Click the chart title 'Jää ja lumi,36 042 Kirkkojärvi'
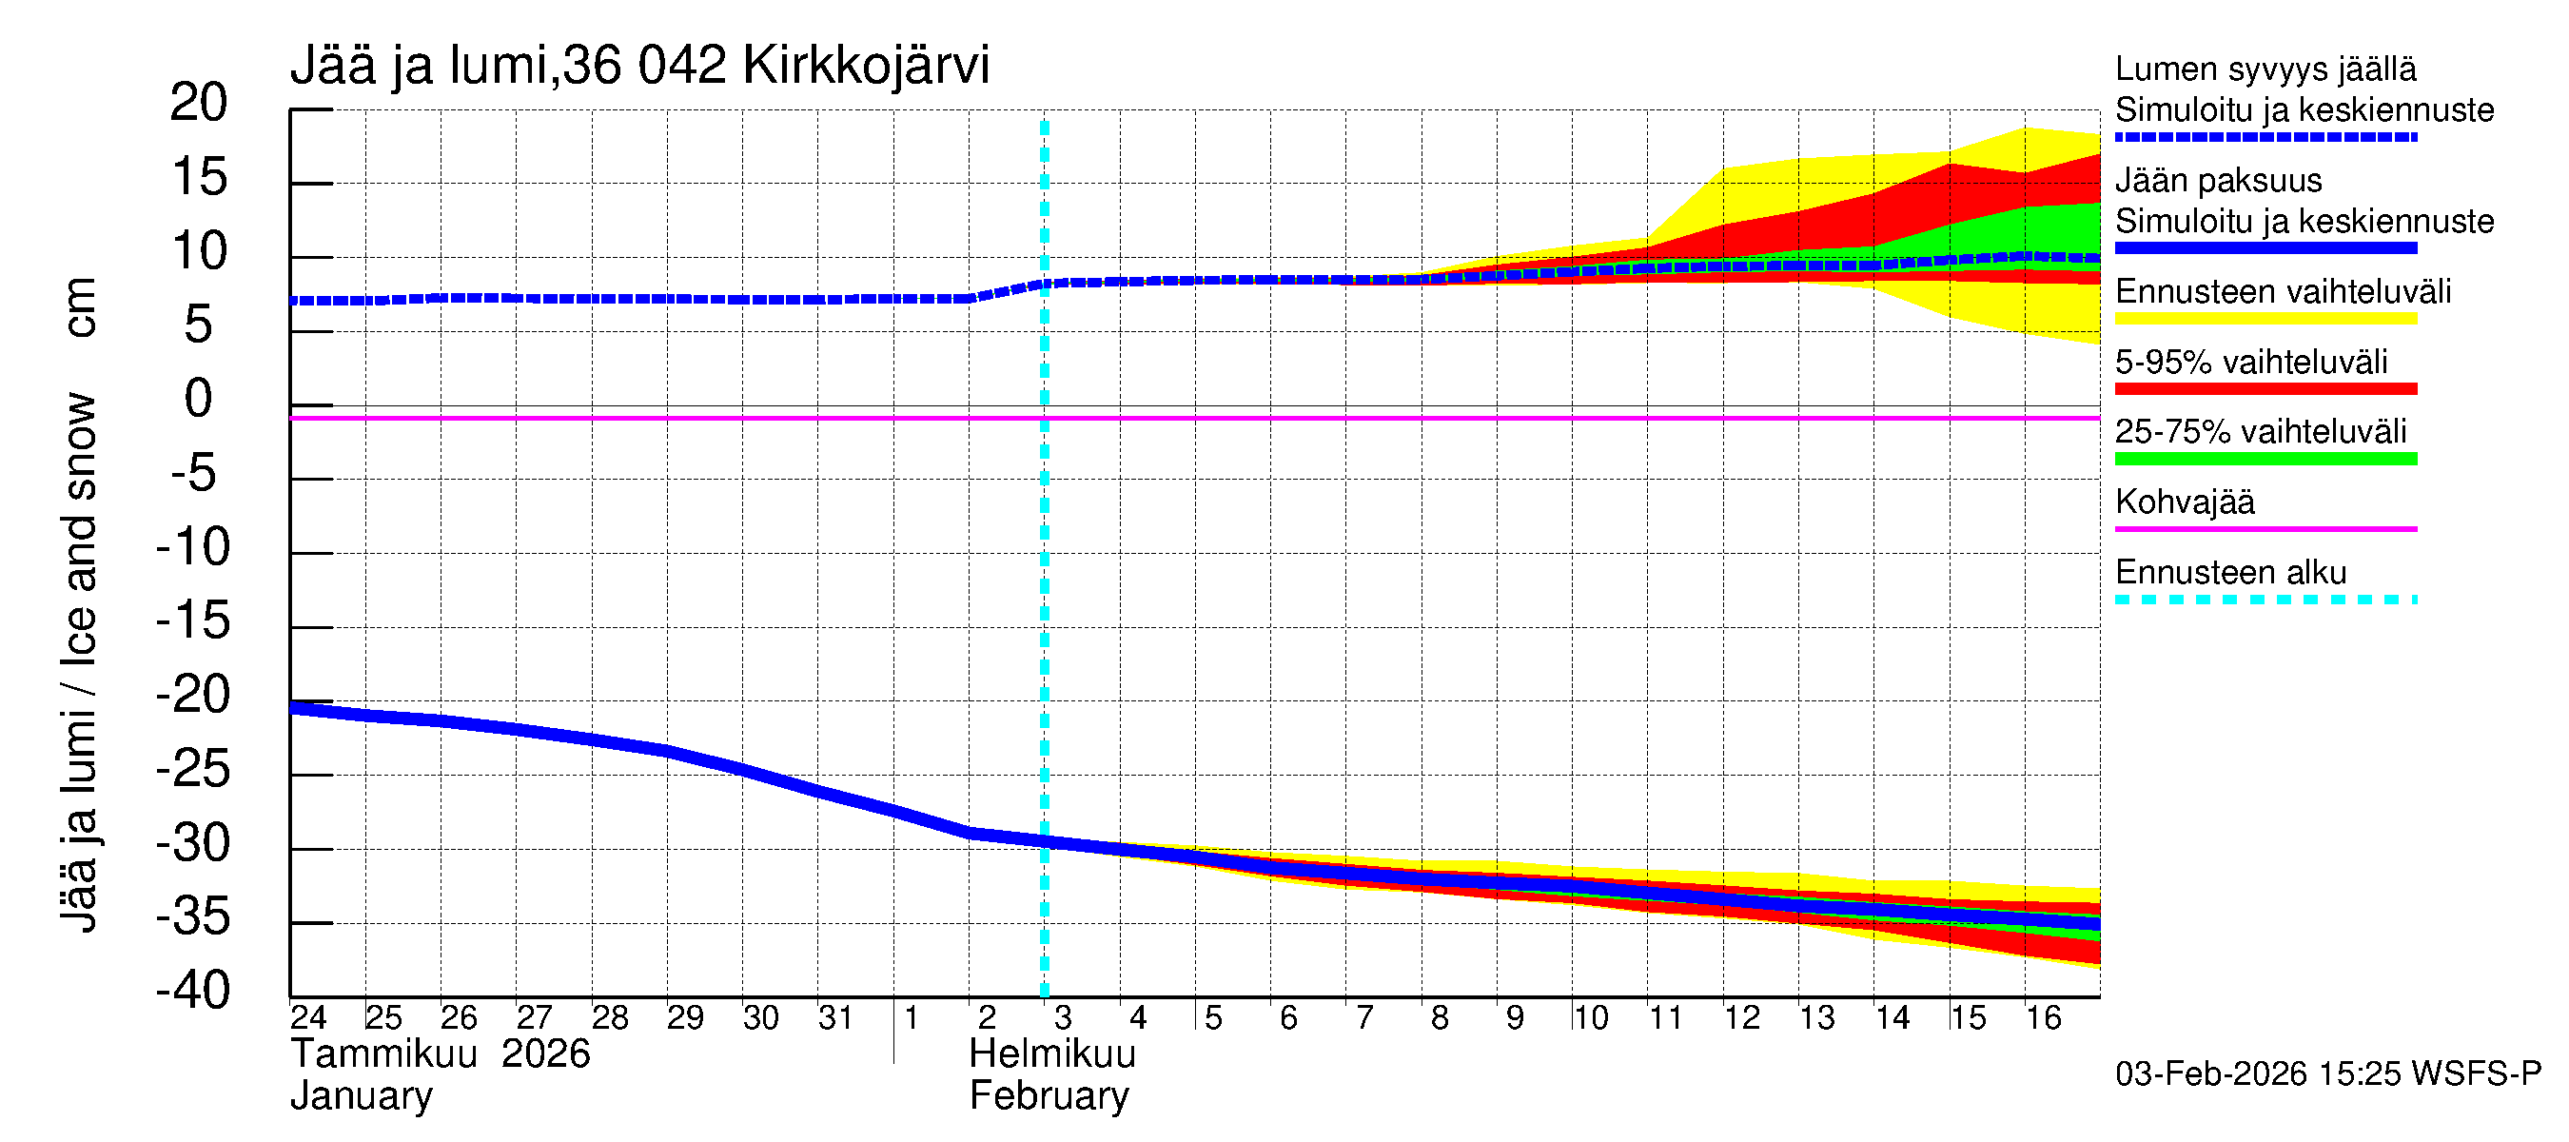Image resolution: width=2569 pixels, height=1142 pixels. coord(639,66)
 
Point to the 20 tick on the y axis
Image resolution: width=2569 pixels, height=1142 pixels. coord(199,103)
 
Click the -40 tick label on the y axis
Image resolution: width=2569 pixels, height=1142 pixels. coord(192,991)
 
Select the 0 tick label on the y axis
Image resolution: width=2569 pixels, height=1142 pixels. coord(199,399)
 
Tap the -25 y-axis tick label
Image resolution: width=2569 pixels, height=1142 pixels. coord(192,769)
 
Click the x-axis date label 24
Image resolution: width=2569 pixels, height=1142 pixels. coord(308,1017)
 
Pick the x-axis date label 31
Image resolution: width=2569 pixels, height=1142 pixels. coord(834,1017)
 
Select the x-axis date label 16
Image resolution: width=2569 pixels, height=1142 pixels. coord(2043,1017)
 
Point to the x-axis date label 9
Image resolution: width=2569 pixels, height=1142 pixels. coord(1514,1017)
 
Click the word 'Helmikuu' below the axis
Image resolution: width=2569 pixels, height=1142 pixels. coord(1052,1054)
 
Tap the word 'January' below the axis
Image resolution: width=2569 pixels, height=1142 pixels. coord(361,1096)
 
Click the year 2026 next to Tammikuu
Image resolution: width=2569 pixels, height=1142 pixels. coord(545,1054)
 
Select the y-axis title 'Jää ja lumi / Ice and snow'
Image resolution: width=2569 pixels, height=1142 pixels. coord(80,662)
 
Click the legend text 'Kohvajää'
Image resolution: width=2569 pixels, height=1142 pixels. coord(2184,502)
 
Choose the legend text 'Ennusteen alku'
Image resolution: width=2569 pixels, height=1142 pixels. coord(2231,573)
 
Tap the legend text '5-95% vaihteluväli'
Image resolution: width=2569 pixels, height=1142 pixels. coord(2251,362)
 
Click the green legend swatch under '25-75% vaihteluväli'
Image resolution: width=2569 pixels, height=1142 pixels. coord(2265,459)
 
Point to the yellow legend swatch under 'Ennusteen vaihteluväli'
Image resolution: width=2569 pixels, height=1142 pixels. coord(2265,319)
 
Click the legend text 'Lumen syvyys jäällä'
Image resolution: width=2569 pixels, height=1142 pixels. coord(2265,69)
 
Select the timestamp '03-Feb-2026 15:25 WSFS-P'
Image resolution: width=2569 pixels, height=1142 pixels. coord(2327,1073)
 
